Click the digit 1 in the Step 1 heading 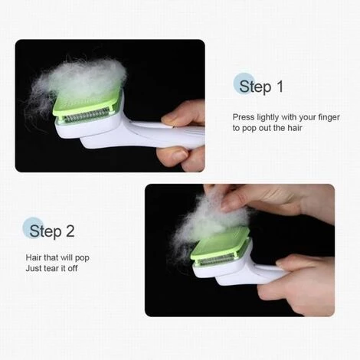(280, 87)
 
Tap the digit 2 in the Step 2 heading (70, 231)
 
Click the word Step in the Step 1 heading (255, 87)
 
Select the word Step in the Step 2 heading (45, 231)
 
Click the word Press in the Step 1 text (244, 117)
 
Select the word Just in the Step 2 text (33, 268)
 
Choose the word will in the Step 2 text (67, 257)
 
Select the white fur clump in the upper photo (77, 82)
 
